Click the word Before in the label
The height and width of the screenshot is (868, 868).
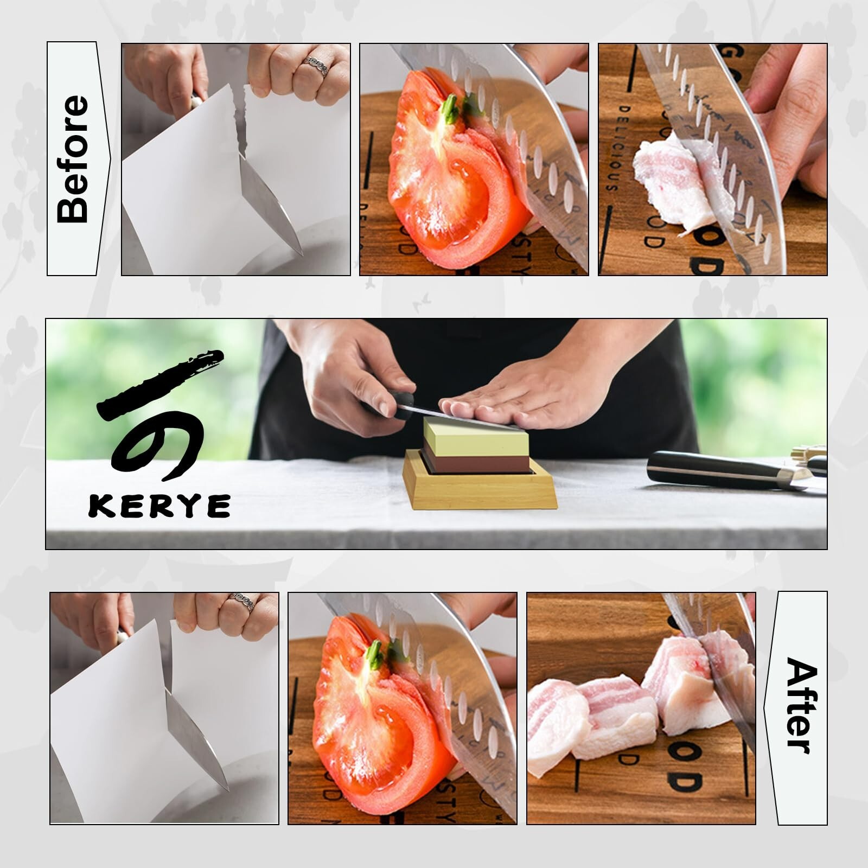point(73,159)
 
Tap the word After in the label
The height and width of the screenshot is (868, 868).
point(801,705)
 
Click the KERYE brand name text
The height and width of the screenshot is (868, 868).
point(159,506)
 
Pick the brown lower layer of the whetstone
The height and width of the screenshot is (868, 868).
point(475,463)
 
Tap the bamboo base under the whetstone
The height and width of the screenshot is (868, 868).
point(480,492)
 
